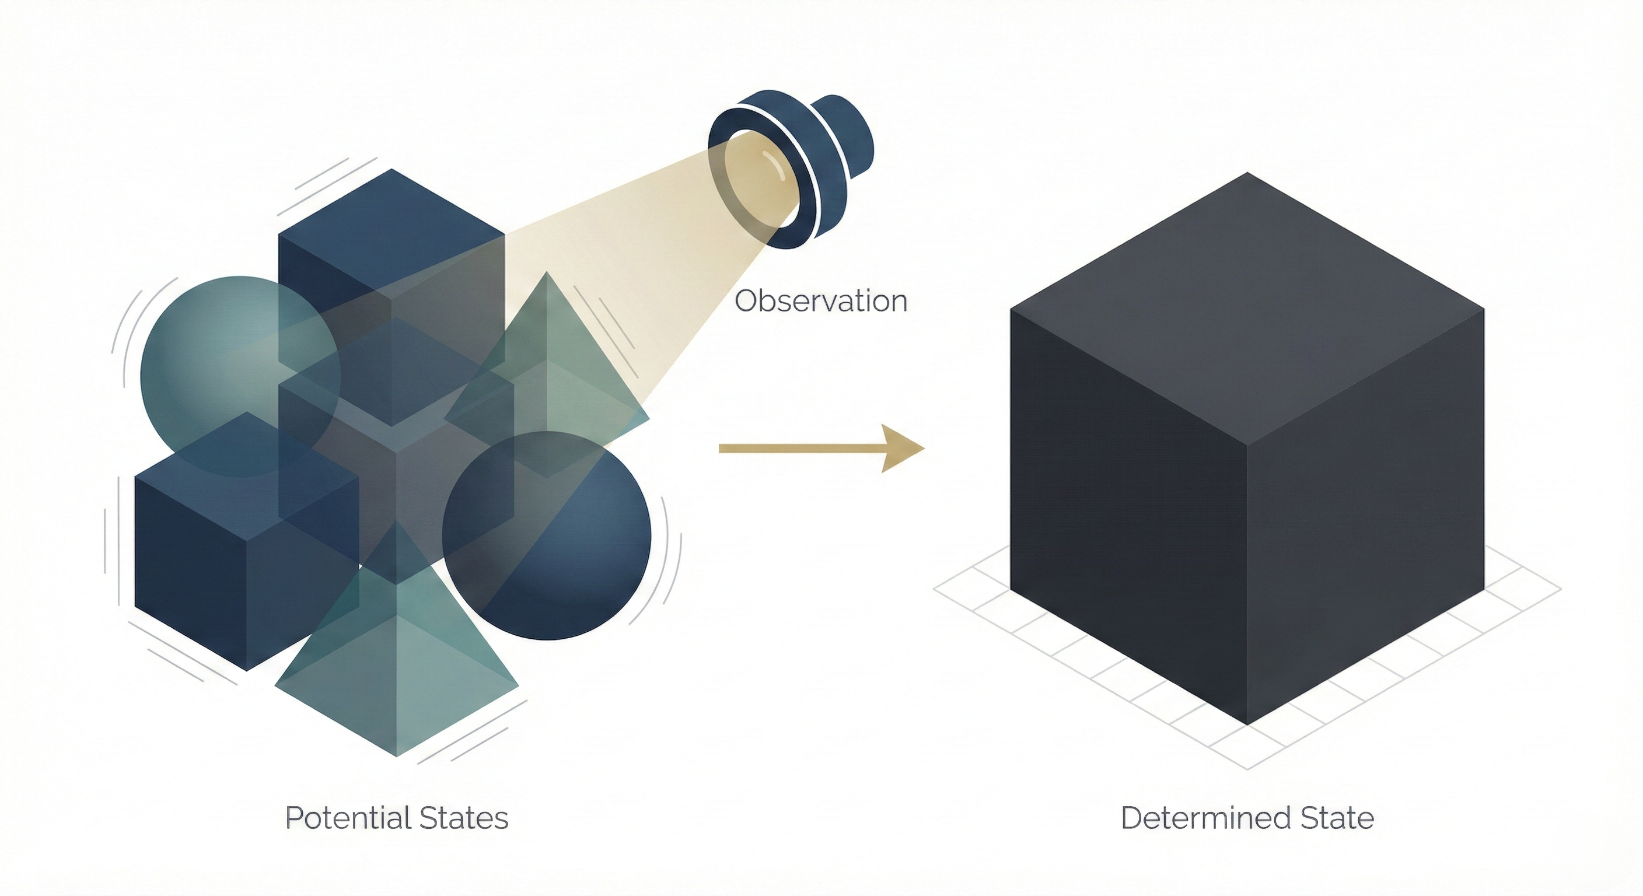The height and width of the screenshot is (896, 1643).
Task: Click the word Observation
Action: [x=821, y=301]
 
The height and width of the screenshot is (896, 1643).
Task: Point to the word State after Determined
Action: [x=1337, y=818]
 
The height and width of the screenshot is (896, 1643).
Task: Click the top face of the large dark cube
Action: [x=1247, y=306]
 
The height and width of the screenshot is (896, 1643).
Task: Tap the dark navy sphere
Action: [x=574, y=555]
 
